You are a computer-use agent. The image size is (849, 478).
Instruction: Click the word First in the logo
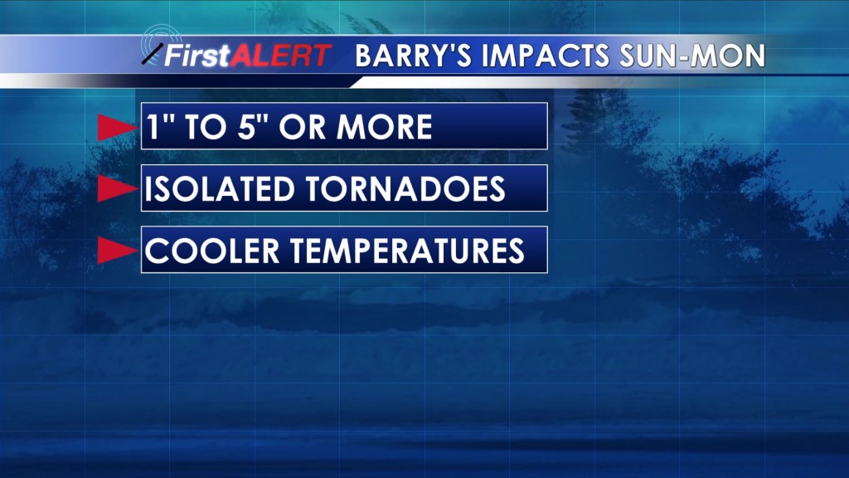[x=197, y=56]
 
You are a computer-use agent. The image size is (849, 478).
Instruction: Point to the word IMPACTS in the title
[x=546, y=56]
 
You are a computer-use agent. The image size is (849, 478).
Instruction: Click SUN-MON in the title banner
[x=692, y=56]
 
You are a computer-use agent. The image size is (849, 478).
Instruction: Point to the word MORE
[x=384, y=127]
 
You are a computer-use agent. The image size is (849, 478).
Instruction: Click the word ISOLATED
[x=219, y=188]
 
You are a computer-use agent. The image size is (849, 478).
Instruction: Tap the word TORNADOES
[x=405, y=188]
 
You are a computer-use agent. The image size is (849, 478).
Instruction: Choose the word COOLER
[x=212, y=251]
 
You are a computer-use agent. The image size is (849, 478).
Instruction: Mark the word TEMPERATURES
[x=407, y=251]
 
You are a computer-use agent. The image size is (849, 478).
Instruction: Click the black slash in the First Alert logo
[x=153, y=54]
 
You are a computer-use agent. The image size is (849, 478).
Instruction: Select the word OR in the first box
[x=303, y=127]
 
